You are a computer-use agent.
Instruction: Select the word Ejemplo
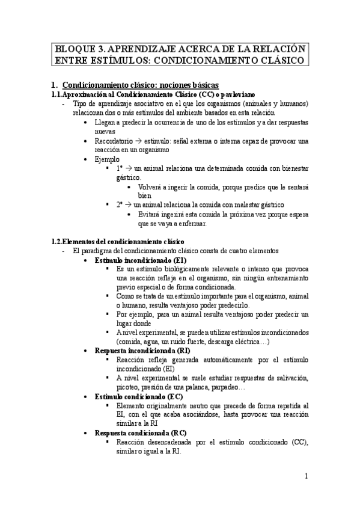(107, 159)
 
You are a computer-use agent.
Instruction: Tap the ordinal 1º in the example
(121, 169)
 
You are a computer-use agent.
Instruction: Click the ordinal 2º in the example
(121, 204)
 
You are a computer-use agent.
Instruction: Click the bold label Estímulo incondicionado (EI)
(135, 260)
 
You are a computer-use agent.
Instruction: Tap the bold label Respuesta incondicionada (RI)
(138, 350)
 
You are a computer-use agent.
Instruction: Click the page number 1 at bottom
(306, 476)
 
